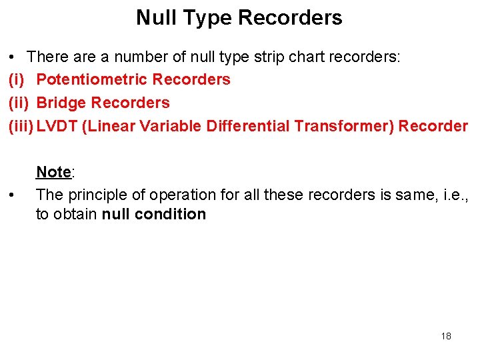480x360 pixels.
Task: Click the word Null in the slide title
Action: click(155, 17)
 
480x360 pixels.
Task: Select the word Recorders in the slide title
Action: click(290, 17)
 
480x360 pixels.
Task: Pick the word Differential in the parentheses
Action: click(248, 126)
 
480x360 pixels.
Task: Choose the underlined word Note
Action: click(53, 172)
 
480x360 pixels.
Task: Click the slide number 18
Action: click(446, 336)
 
